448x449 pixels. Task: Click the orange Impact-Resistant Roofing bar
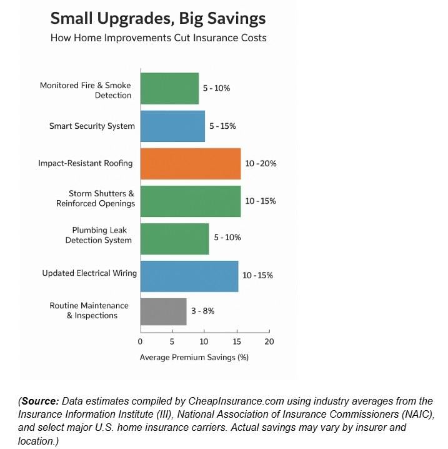click(x=190, y=163)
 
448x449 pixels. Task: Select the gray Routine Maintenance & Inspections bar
click(x=163, y=311)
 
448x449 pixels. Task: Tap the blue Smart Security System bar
click(x=172, y=126)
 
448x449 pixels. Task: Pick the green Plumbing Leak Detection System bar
click(x=174, y=238)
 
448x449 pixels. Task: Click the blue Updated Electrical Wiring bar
click(x=189, y=276)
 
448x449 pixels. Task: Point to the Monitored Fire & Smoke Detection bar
click(x=169, y=88)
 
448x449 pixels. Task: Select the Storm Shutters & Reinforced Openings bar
click(x=190, y=201)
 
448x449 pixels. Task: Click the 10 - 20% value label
click(x=261, y=163)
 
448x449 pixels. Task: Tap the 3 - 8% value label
click(x=204, y=311)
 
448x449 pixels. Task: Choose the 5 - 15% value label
click(x=222, y=126)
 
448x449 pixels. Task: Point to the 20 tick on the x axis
click(x=269, y=341)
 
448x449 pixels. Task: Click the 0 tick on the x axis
click(x=140, y=341)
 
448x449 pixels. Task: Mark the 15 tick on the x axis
click(x=237, y=341)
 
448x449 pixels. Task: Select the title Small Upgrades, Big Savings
click(x=158, y=18)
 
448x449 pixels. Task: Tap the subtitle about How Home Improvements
click(x=158, y=38)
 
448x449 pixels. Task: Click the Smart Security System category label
click(x=92, y=126)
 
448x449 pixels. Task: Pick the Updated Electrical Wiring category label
click(x=89, y=273)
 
